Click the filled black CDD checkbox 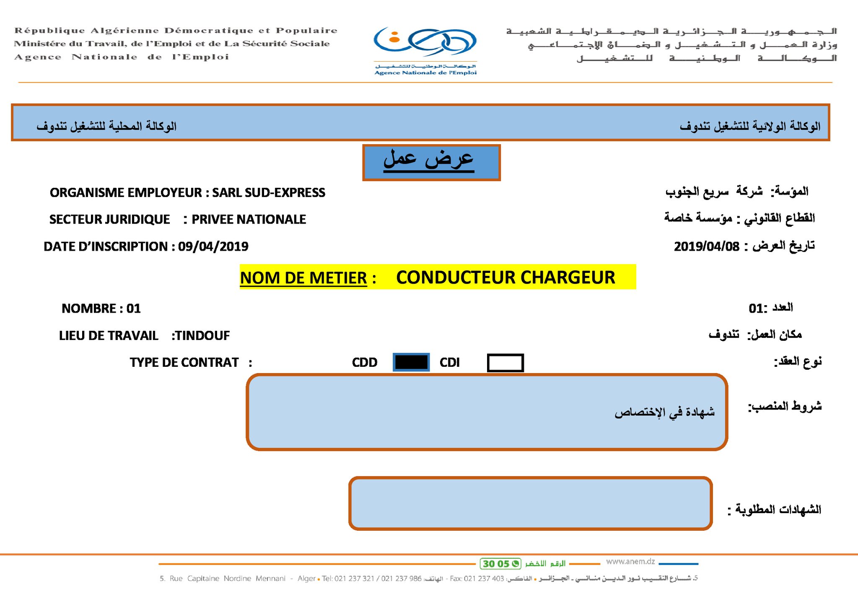(411, 362)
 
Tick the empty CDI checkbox (505, 363)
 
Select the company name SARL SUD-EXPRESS (268, 192)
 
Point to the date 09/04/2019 (213, 246)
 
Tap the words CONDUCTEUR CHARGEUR (505, 277)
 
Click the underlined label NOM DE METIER (303, 278)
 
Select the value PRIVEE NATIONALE (249, 219)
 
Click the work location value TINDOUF (202, 335)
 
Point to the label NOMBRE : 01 (101, 309)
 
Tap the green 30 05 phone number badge (500, 564)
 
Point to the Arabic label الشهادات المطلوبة (778, 510)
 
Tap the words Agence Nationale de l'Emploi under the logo (425, 73)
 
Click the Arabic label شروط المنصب (785, 406)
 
